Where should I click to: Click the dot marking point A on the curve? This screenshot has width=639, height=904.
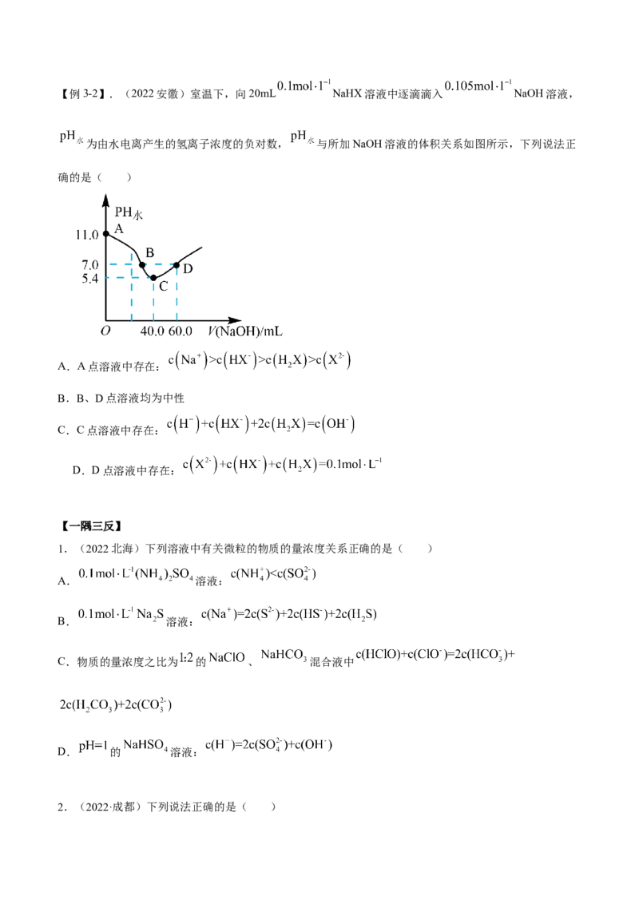coord(106,233)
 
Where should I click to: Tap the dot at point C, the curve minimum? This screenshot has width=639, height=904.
coord(153,278)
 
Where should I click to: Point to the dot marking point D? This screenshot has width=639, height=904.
coord(177,264)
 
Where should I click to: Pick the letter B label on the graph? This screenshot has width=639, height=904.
coord(149,254)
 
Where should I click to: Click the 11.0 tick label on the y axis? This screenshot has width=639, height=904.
coord(89,234)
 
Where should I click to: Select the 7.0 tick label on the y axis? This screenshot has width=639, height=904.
coord(90,264)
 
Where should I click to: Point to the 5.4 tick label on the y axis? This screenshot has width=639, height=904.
coord(90,279)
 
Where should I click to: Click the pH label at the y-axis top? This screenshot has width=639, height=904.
coord(127,212)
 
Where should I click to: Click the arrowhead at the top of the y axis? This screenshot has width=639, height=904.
coord(106,196)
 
